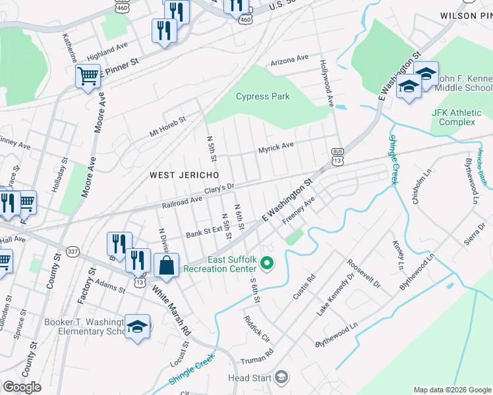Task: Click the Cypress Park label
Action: [x=263, y=96]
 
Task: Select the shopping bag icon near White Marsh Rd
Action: [x=167, y=266]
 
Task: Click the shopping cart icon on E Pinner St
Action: [x=87, y=76]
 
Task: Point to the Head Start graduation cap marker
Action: [x=281, y=377]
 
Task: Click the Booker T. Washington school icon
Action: [x=138, y=327]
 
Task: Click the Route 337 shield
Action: [x=72, y=251]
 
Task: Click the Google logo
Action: [x=22, y=386]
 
